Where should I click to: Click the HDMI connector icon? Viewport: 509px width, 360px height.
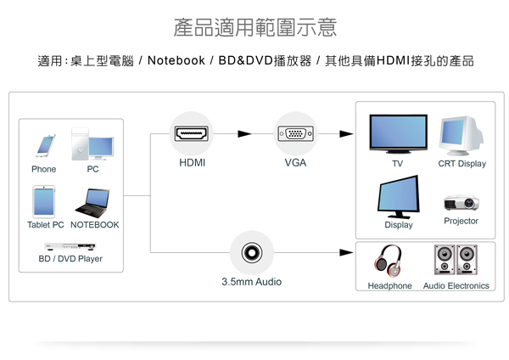pos(192,133)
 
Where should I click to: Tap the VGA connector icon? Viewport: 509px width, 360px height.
pos(295,133)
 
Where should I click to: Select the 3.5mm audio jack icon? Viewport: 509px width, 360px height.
pos(251,252)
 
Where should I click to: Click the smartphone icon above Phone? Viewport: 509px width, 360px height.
pos(44,145)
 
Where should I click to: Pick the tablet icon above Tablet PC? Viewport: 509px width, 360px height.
pos(44,202)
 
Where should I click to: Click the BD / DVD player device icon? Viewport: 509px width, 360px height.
pos(70,246)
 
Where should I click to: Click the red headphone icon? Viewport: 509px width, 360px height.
pos(389,259)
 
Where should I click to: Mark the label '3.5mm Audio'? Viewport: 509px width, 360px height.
pos(251,281)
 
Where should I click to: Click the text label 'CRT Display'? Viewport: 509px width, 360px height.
pos(461,164)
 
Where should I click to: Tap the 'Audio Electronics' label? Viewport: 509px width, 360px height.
pos(456,286)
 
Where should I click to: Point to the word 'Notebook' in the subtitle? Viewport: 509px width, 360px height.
pos(176,61)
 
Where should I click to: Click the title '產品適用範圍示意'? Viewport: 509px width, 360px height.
pos(255,27)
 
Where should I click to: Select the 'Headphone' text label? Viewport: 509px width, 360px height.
pos(389,286)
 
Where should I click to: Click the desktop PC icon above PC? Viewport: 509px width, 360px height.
pos(91,144)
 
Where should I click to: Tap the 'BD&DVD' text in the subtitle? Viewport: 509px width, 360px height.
pos(241,61)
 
